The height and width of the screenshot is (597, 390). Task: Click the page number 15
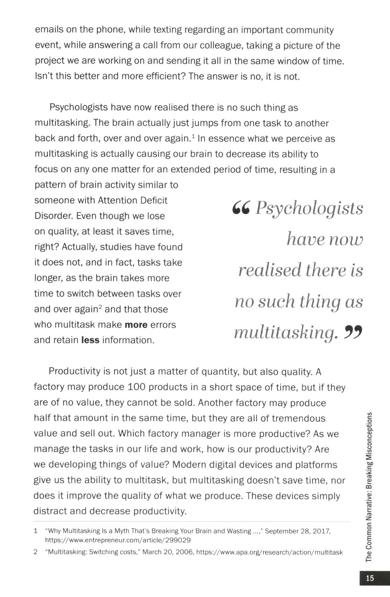coord(369,578)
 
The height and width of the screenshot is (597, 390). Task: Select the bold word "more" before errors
coord(136,325)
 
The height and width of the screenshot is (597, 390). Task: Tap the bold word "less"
coord(90,340)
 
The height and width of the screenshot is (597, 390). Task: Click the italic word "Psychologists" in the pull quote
coord(309,209)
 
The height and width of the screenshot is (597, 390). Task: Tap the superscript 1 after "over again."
coord(193,136)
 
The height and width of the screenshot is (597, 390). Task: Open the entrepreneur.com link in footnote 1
coord(118,541)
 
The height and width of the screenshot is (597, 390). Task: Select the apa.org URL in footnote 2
coord(269,552)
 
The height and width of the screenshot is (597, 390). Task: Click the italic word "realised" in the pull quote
coord(270,270)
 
